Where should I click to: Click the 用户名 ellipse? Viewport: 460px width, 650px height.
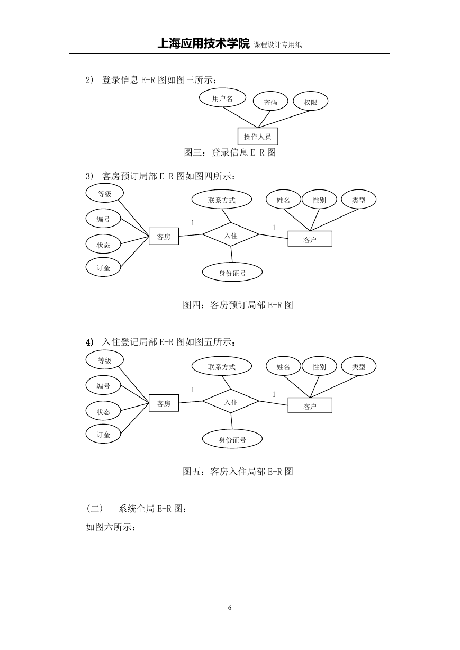pos(222,98)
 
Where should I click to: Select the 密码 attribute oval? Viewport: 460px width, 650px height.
pos(270,101)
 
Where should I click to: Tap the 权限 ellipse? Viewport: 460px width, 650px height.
pos(311,101)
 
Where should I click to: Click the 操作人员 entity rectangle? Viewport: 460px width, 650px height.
pos(258,136)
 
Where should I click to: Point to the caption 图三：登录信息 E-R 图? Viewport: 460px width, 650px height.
pos(230,152)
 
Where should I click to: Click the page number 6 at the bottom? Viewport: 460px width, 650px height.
pos(230,608)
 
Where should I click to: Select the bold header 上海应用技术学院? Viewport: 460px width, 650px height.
pos(203,44)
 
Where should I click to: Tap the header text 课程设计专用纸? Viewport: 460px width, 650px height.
pos(278,44)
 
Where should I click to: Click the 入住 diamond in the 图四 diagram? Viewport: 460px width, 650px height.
pos(231,234)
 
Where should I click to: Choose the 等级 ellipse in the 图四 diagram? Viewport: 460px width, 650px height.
pos(104,193)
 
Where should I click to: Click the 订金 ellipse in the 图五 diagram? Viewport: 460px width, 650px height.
pos(103,434)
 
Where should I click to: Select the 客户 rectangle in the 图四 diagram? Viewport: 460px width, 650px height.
pos(310,239)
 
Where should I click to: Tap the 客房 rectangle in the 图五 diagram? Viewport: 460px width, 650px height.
pos(164,403)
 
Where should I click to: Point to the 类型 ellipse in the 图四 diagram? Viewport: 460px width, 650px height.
pos(359,200)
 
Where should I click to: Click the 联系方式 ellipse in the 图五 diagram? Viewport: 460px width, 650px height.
pos(222,366)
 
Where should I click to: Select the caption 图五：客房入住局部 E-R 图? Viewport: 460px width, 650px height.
pos(238,472)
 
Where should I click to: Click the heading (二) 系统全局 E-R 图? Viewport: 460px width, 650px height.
pos(136,509)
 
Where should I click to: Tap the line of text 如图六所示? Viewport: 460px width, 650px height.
pos(111,527)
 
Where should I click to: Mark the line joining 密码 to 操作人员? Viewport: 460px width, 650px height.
pos(264,119)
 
